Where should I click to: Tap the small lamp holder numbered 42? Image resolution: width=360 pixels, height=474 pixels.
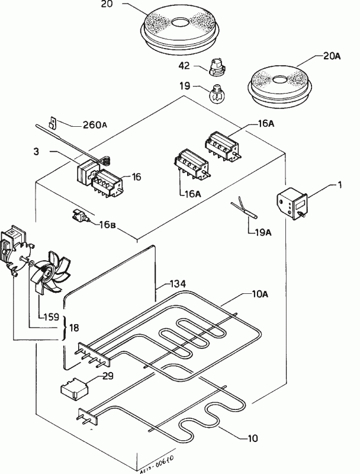click(x=217, y=69)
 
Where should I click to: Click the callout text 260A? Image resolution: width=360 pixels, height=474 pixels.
click(x=95, y=125)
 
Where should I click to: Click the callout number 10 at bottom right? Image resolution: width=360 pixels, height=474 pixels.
click(x=253, y=438)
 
